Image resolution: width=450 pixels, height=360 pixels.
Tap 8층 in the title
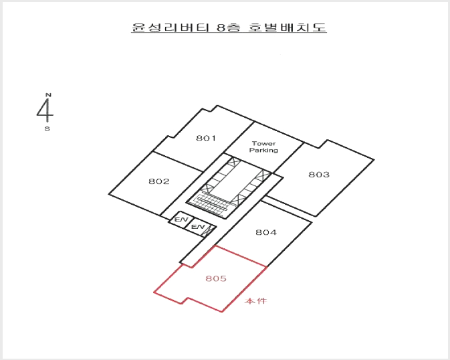pyautogui.click(x=229, y=27)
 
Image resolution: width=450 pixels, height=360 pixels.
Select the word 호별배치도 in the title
pyautogui.click(x=287, y=27)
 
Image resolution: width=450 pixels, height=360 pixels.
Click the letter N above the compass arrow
pyautogui.click(x=48, y=95)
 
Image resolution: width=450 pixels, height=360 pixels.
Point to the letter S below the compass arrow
pyautogui.click(x=47, y=128)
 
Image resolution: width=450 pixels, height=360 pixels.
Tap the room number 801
pyautogui.click(x=206, y=139)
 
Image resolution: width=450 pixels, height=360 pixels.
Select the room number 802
pyautogui.click(x=159, y=181)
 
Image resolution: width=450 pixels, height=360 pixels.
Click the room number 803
pyautogui.click(x=319, y=175)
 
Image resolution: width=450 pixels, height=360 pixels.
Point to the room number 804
pyautogui.click(x=266, y=232)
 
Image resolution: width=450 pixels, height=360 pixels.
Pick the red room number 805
pyautogui.click(x=216, y=278)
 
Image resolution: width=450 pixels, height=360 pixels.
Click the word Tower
pyautogui.click(x=263, y=143)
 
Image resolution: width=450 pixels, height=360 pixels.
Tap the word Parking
pyautogui.click(x=263, y=150)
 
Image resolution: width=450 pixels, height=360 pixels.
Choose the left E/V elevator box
pyautogui.click(x=181, y=220)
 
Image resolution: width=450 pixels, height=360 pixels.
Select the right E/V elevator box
pyautogui.click(x=197, y=227)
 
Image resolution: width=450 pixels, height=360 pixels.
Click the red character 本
pyautogui.click(x=249, y=301)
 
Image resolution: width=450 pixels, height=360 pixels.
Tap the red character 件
pyautogui.click(x=261, y=301)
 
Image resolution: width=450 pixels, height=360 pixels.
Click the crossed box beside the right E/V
pyautogui.click(x=208, y=231)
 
